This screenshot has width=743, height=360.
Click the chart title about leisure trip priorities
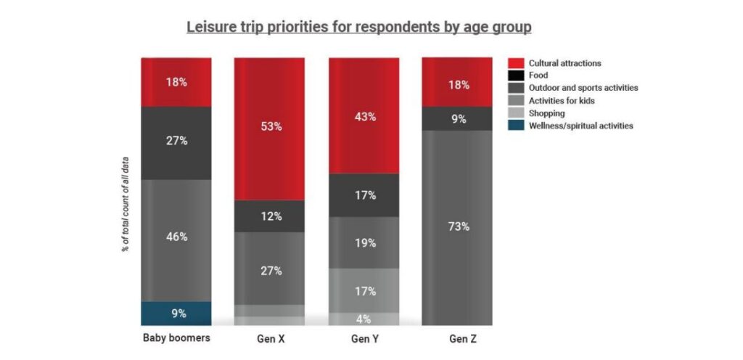point(358,28)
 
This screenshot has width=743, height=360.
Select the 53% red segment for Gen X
point(268,127)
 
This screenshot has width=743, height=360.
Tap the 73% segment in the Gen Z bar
point(457,226)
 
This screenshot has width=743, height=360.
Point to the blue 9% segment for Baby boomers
point(176,314)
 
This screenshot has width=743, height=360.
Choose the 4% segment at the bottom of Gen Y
point(364,319)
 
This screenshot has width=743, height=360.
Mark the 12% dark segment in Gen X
point(268,216)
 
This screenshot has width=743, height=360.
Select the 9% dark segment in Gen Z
point(457,118)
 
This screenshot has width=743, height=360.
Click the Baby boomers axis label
point(176,338)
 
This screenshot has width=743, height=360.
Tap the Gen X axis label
point(268,339)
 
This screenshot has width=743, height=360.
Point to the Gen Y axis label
point(364,339)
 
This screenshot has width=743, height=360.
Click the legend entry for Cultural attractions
point(564,63)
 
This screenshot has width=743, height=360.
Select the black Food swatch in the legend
point(517,75)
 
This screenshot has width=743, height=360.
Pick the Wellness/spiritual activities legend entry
point(580,126)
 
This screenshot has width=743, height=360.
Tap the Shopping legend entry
point(547,113)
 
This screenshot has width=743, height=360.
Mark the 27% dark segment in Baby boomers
point(176,142)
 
